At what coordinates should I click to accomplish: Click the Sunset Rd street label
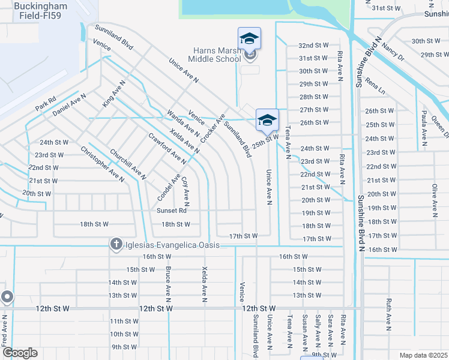click(x=172, y=211)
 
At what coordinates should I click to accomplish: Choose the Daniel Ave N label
click(x=69, y=104)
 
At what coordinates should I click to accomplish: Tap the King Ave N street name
click(x=114, y=94)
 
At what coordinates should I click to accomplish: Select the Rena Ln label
click(x=375, y=89)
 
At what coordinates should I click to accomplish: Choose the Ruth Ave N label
click(x=389, y=315)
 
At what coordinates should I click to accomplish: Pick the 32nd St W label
click(x=313, y=46)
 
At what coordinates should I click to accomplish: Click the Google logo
click(x=20, y=353)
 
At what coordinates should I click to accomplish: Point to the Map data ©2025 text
click(x=423, y=355)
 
